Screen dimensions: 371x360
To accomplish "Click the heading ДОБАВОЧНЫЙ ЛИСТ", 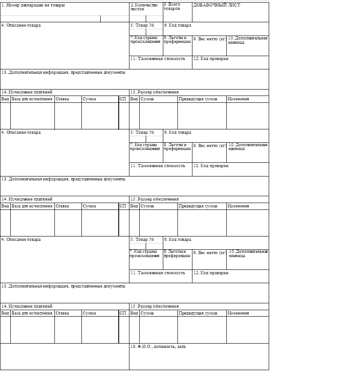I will (216, 6).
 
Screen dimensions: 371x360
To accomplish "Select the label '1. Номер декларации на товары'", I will (33, 6).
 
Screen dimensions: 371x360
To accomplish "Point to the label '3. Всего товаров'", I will (172, 6).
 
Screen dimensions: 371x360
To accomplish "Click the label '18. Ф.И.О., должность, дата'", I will (158, 347).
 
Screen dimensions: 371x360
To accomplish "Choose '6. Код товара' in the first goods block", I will (177, 25).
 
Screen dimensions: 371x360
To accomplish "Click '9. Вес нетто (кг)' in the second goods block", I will (209, 146).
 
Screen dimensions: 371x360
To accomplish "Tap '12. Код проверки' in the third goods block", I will (211, 272).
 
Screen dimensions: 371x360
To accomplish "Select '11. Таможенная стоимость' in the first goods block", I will (158, 58).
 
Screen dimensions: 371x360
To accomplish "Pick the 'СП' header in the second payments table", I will (123, 206).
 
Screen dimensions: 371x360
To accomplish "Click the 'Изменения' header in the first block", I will (238, 99).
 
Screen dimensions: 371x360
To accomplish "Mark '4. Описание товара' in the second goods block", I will (21, 132).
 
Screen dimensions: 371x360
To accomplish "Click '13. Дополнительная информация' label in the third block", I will (63, 286).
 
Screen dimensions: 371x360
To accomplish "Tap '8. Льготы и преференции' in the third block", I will (177, 254).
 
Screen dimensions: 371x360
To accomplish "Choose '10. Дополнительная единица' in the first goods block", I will (248, 40).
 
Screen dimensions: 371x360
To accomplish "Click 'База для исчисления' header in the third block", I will (32, 313).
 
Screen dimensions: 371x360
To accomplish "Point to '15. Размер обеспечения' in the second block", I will (154, 199).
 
